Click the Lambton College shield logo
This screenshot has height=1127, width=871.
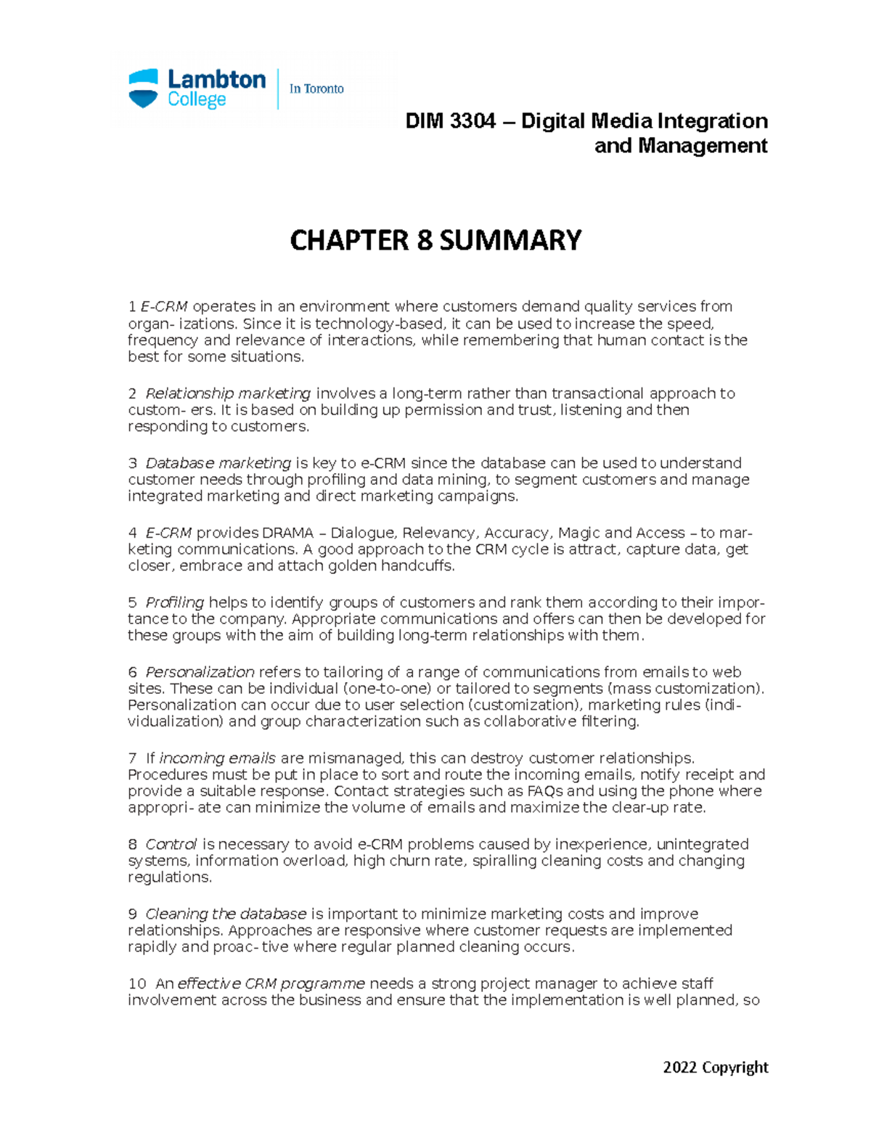click(x=143, y=89)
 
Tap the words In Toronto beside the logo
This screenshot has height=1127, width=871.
click(x=316, y=89)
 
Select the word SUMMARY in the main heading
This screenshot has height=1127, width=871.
click(x=510, y=240)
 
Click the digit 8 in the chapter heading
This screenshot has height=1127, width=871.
click(x=423, y=240)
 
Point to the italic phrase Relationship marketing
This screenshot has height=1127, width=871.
click(x=228, y=393)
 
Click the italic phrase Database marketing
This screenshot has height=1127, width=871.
click(x=218, y=463)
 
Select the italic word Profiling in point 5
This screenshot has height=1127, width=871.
click(x=175, y=602)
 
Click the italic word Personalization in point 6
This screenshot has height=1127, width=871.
click(x=200, y=672)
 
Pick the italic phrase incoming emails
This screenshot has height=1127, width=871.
click(x=217, y=758)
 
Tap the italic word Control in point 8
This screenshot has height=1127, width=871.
click(x=171, y=844)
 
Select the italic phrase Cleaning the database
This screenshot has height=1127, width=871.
click(x=226, y=914)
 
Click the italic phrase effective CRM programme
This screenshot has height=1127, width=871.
click(x=271, y=983)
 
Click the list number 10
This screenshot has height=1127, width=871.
click(x=137, y=983)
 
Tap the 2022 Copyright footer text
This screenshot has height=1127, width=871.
click(x=715, y=1067)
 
